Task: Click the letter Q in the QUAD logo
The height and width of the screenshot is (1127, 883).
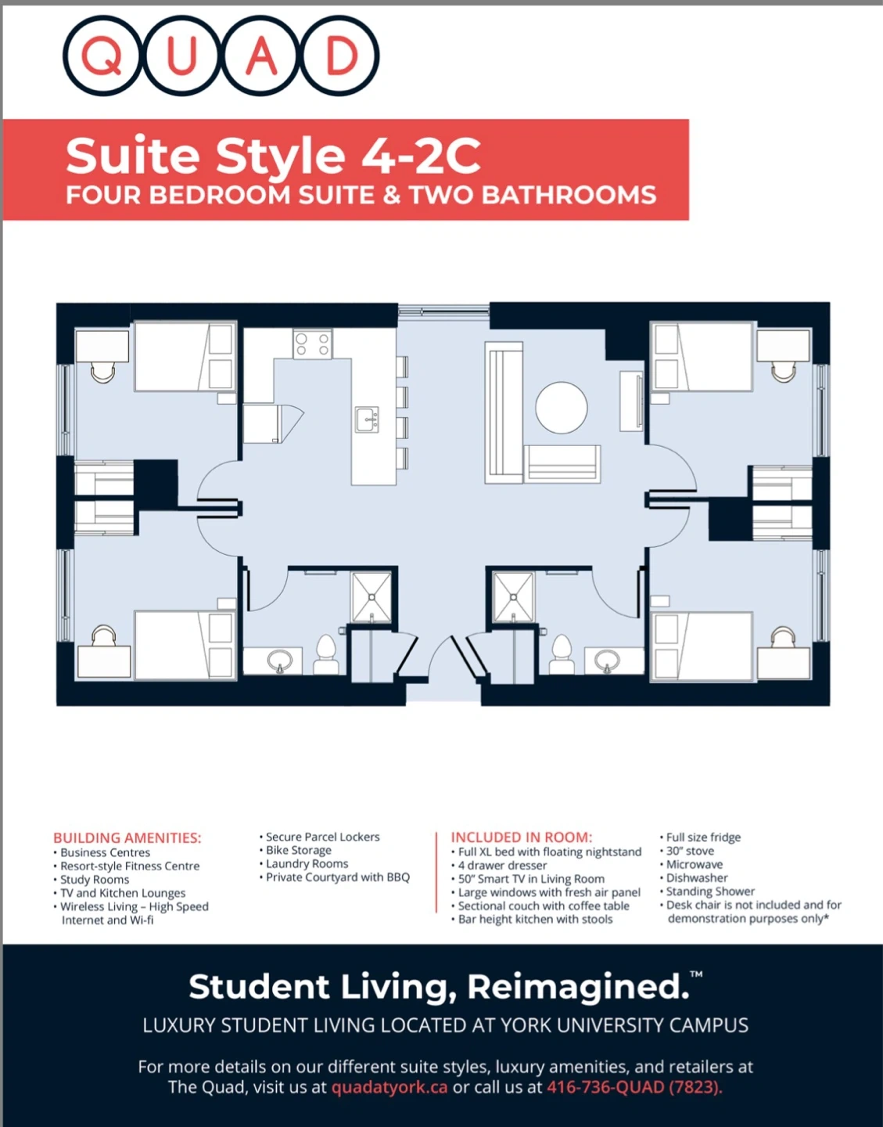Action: click(102, 56)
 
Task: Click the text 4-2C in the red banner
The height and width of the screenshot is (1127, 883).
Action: click(420, 156)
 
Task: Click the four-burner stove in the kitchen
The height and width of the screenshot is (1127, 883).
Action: click(313, 344)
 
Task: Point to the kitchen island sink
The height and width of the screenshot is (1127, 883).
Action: click(367, 419)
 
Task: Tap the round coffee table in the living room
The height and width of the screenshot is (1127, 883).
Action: click(562, 407)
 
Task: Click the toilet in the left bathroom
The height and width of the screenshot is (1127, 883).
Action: click(326, 654)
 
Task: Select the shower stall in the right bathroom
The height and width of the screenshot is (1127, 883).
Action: click(513, 597)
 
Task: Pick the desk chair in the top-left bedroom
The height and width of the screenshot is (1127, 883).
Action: click(103, 372)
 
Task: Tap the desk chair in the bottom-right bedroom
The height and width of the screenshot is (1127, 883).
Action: click(782, 636)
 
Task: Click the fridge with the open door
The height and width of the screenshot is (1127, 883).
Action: click(273, 423)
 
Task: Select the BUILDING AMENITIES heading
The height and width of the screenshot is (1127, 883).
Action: click(127, 838)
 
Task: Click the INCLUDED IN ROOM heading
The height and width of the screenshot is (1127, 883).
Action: click(522, 837)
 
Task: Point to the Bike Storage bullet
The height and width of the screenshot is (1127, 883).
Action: click(296, 851)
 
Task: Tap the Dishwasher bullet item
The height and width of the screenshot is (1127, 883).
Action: click(694, 878)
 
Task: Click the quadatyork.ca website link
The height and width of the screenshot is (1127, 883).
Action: click(389, 1087)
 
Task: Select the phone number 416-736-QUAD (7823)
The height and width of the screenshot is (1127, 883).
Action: click(634, 1087)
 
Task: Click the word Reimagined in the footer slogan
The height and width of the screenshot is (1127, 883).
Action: click(578, 987)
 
